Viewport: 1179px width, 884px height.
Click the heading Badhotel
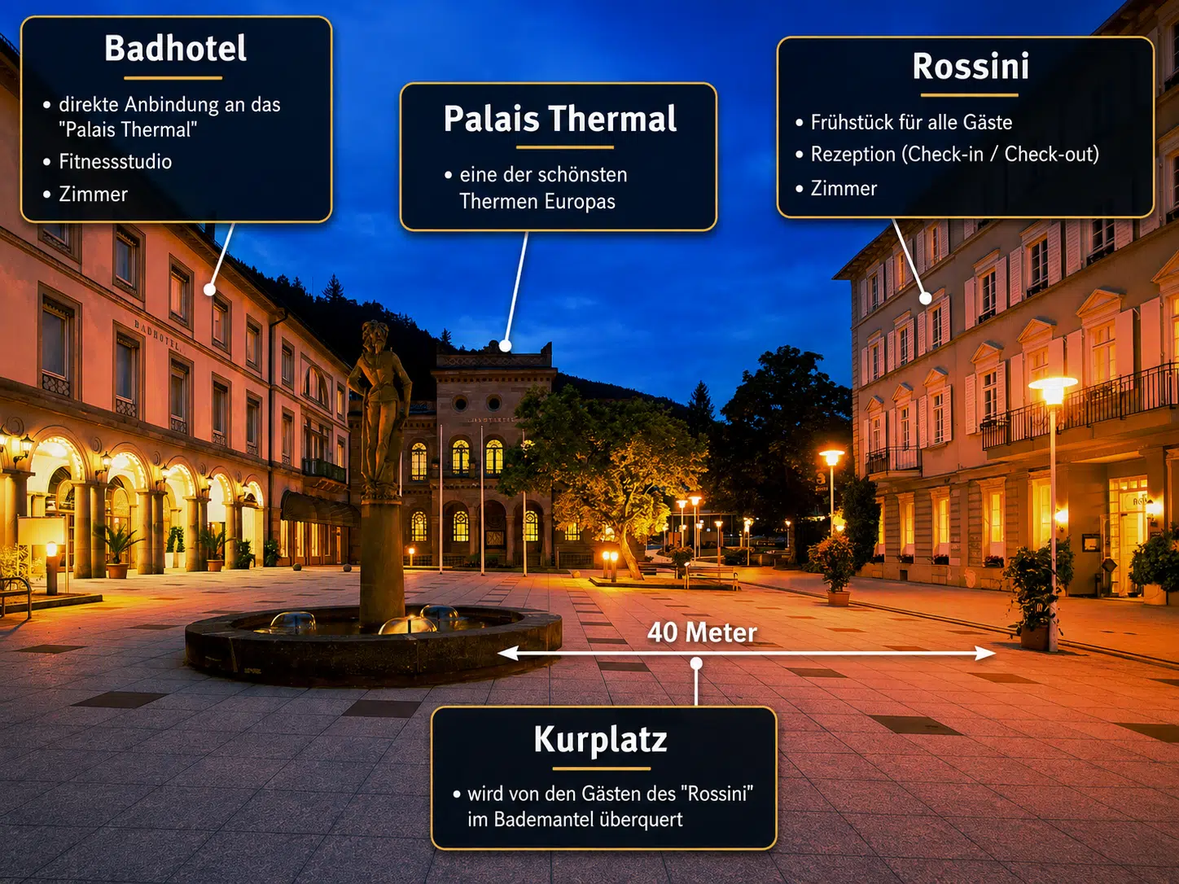pos(175,48)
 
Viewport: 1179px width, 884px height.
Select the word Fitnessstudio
pos(116,161)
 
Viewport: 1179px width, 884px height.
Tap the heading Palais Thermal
pos(559,119)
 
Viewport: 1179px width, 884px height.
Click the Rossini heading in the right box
pos(971,66)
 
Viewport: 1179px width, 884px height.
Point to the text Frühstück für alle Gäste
pos(911,122)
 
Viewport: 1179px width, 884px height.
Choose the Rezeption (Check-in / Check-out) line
pos(954,155)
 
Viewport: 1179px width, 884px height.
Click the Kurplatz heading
pos(601,740)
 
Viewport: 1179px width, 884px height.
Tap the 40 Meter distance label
pos(702,632)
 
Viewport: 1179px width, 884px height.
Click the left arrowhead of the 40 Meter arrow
pos(508,653)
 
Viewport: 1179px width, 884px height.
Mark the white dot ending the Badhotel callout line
pos(209,290)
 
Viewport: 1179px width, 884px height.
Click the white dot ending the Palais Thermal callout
pos(505,346)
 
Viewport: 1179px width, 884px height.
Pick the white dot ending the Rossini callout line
pos(926,299)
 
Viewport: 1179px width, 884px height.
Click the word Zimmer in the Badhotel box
pos(94,195)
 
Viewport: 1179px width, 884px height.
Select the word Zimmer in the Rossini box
pos(844,188)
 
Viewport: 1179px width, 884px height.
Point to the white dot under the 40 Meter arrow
pos(696,663)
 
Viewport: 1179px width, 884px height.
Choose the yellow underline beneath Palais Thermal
pos(564,147)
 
